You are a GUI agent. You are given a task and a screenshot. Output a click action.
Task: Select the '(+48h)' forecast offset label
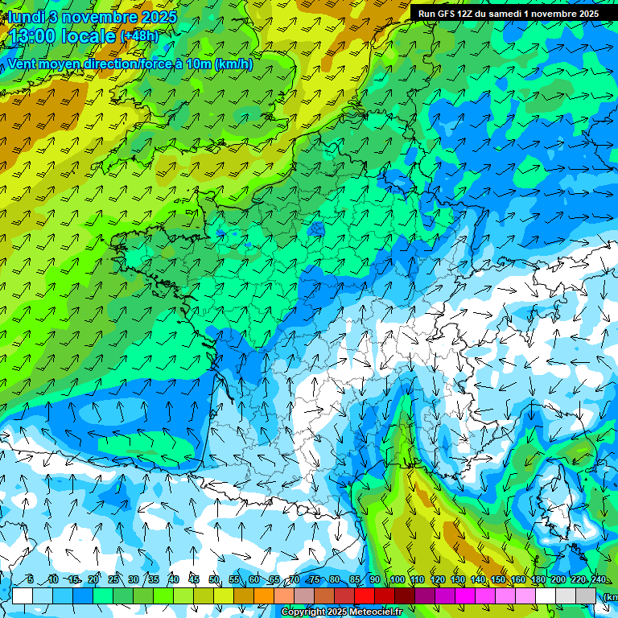click(x=139, y=36)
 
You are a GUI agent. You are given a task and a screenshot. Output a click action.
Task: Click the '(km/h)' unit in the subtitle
click(x=233, y=64)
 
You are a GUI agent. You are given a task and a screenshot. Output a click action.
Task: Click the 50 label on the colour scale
click(x=213, y=580)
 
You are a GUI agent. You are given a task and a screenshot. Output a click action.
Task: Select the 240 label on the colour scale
click(x=599, y=580)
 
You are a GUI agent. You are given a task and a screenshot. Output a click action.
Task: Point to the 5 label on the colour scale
click(x=30, y=580)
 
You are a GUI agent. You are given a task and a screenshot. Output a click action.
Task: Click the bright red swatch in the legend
click(x=365, y=595)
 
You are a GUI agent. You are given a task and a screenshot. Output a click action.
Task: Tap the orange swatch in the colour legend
click(x=264, y=595)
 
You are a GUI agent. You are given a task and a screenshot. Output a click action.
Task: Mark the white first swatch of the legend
click(x=23, y=595)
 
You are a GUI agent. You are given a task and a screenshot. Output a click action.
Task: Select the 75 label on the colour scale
click(x=314, y=580)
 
